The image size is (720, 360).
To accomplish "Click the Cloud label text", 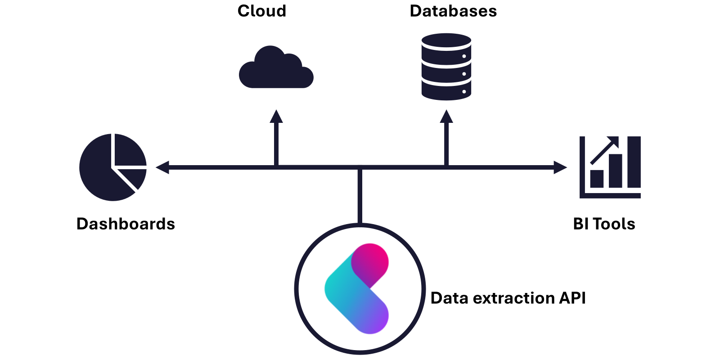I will tap(261, 11).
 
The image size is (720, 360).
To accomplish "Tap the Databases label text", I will tap(453, 11).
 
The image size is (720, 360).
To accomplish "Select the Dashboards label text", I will tap(126, 224).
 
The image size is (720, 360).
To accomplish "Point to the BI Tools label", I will tap(604, 224).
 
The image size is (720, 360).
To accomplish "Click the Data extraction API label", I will tap(508, 298).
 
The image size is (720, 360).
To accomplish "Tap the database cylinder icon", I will tap(446, 67).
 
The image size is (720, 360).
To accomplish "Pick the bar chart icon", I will tap(610, 167).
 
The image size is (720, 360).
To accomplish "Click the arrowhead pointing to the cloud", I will tap(276, 117).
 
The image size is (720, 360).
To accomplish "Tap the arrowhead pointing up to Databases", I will tap(446, 117).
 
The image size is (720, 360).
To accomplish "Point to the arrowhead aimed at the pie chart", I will tap(162, 167).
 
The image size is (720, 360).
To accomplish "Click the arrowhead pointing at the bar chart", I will tap(560, 167).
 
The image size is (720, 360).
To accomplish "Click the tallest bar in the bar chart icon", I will tap(634, 162).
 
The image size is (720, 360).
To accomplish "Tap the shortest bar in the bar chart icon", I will tap(597, 179).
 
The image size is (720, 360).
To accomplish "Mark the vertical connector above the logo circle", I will tap(360, 196).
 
